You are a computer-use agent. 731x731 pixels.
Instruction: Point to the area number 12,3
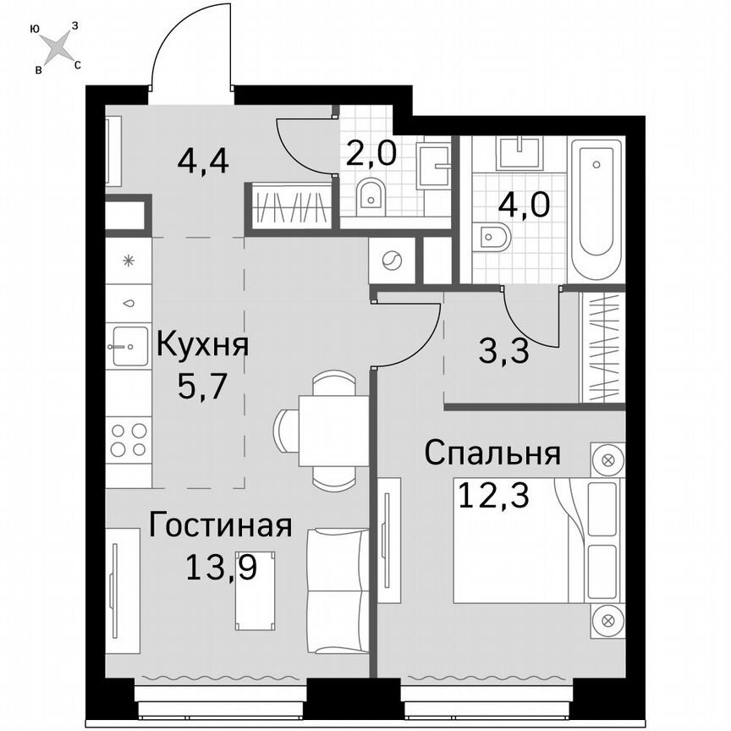493,493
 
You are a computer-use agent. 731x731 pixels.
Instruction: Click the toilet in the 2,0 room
371,196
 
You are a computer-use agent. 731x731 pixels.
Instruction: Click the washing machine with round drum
391,260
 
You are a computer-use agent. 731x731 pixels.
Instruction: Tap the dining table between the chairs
333,430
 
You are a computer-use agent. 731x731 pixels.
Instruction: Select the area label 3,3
503,350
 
